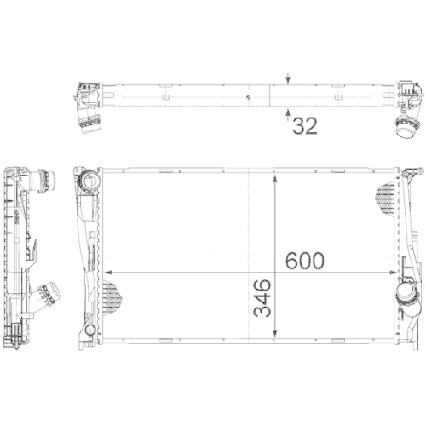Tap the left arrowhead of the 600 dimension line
pos(107,272)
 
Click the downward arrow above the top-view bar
pos(289,79)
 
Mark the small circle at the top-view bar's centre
pos(246,99)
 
